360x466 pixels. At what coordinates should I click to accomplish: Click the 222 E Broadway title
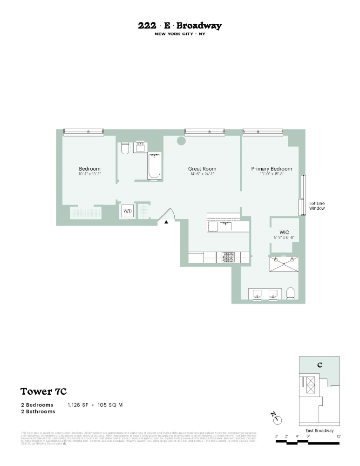[x=180, y=26]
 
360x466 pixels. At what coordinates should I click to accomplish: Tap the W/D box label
[x=127, y=211]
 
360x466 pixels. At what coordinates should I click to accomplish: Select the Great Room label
[x=202, y=169]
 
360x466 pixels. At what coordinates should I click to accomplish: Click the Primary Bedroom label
[x=272, y=169]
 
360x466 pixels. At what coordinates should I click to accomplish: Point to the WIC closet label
[x=285, y=232]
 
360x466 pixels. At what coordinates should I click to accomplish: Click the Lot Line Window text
[x=317, y=206]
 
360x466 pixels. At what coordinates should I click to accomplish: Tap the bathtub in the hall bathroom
[x=155, y=166]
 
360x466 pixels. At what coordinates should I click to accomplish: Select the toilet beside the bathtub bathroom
[x=124, y=149]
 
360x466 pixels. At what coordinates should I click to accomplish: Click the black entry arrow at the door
[x=166, y=223]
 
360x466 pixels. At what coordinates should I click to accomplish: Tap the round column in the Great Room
[x=181, y=141]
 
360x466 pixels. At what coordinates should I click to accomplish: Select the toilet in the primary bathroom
[x=291, y=293]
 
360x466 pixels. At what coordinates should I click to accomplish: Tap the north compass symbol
[x=278, y=418]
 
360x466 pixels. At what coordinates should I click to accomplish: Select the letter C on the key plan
[x=319, y=364]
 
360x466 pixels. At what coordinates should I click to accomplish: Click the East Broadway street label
[x=319, y=431]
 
